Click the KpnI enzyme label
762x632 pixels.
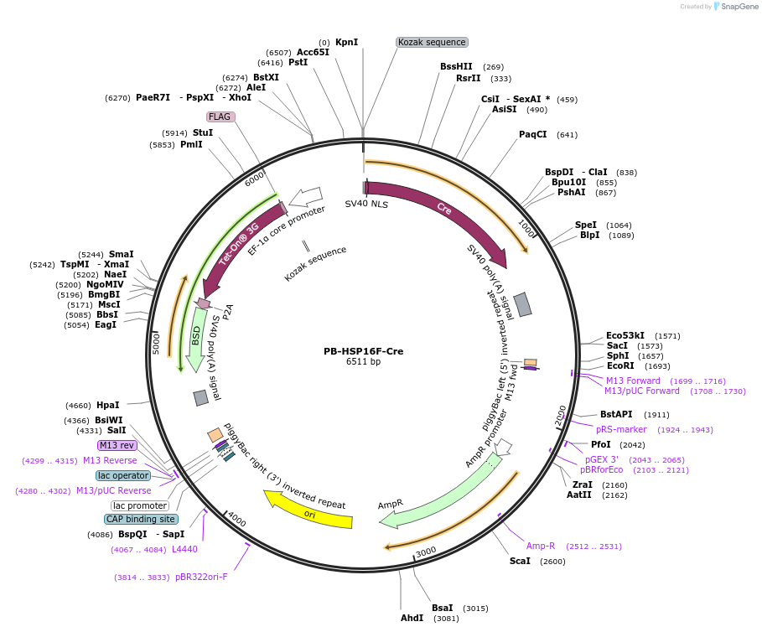coord(346,42)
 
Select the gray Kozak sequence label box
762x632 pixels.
coord(432,42)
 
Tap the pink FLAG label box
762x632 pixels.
coord(220,117)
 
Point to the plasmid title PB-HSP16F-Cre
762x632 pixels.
coord(363,351)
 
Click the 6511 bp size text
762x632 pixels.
coord(363,362)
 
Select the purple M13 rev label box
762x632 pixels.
coord(117,445)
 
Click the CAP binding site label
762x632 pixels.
coord(140,519)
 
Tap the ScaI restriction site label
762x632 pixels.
coord(520,561)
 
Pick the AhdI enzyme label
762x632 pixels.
coord(412,619)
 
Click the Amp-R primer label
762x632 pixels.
coord(541,546)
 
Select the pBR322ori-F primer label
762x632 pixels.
coord(201,577)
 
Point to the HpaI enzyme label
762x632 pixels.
coord(107,405)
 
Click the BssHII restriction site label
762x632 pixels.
coord(456,66)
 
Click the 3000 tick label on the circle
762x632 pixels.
coord(426,551)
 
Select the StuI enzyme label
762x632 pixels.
coord(203,132)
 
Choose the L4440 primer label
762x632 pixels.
coord(184,549)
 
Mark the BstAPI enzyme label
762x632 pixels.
coord(616,414)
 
